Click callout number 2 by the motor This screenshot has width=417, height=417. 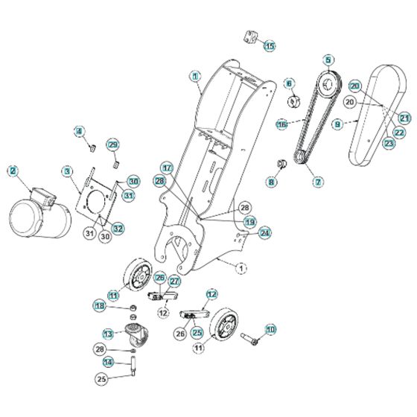coord(13,171)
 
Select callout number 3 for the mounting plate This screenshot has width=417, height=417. coord(67,172)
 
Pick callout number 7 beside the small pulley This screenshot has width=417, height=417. coord(318,181)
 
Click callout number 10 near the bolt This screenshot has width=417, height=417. coord(270,328)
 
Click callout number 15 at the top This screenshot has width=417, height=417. coord(270,45)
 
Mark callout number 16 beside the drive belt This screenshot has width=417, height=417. coord(282,124)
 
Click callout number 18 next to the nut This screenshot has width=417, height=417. coord(99,305)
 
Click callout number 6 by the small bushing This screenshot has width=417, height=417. coord(290,83)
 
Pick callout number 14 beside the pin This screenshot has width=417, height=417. coord(107,363)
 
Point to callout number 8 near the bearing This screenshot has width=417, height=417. coord(271,181)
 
